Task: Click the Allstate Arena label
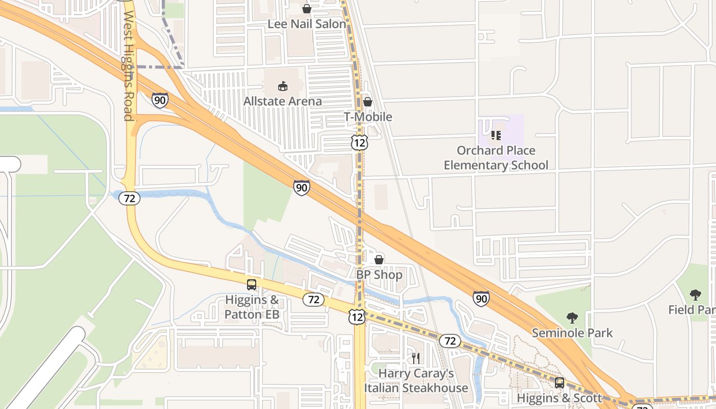point(282,101)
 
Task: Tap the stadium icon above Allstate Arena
point(282,86)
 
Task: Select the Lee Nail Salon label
point(307,24)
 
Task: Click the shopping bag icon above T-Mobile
point(367,102)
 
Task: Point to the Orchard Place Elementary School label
point(496,157)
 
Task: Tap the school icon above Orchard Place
point(496,135)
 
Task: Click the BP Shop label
point(379,275)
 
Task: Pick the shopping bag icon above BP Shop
point(379,260)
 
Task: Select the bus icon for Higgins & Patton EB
point(252,285)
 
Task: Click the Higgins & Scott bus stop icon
point(560,382)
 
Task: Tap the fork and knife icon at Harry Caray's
point(415,358)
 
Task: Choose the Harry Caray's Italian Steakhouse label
point(416,380)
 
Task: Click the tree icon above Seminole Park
point(572,318)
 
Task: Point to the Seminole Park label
point(572,333)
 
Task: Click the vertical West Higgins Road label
point(128,66)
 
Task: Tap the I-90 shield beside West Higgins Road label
point(160,100)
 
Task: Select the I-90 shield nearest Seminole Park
point(481,299)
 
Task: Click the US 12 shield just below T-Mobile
point(359,143)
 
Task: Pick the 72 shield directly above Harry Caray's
point(450,340)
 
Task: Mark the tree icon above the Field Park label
point(695,294)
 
